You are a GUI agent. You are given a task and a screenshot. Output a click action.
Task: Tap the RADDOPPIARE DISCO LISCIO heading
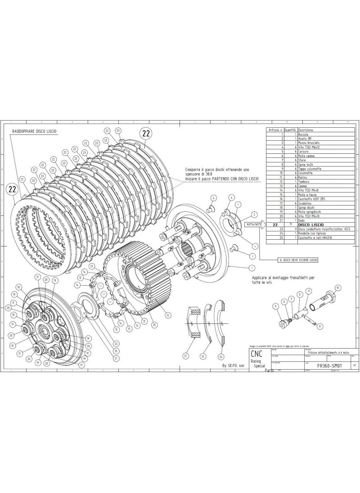(x=35, y=131)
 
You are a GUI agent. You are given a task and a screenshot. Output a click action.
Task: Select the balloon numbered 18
(x=18, y=287)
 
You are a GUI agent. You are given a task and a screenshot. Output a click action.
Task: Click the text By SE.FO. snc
(x=234, y=366)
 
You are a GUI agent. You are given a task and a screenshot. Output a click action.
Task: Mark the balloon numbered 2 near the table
(x=254, y=215)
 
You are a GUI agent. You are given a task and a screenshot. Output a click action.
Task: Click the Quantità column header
(x=290, y=129)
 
